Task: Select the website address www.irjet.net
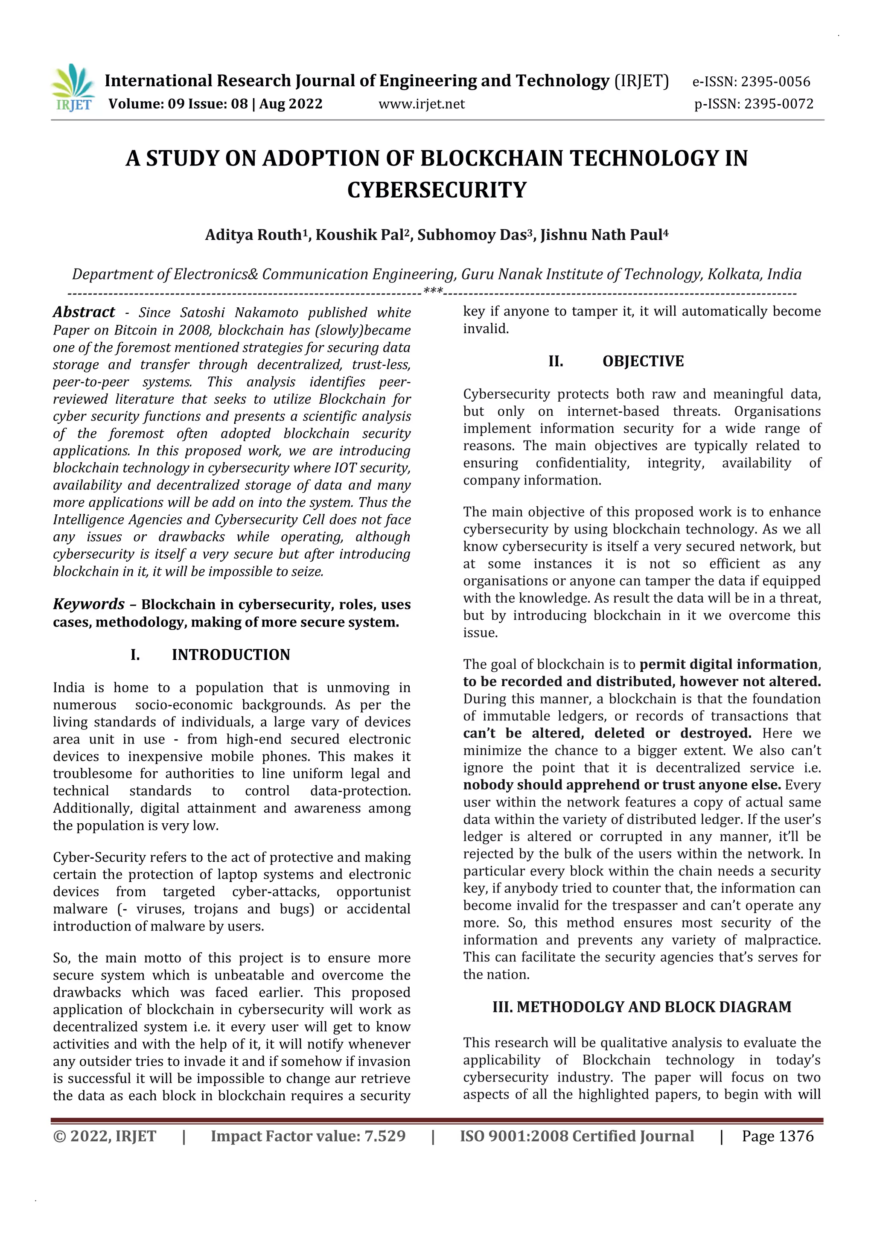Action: point(421,104)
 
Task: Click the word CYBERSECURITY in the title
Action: point(437,190)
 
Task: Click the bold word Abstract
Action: point(84,312)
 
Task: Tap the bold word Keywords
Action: point(89,604)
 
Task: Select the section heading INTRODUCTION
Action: point(231,655)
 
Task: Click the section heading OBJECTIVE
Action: point(643,361)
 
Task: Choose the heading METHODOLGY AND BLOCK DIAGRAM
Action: point(653,1007)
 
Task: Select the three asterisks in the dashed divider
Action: point(433,292)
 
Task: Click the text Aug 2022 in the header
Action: point(291,104)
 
